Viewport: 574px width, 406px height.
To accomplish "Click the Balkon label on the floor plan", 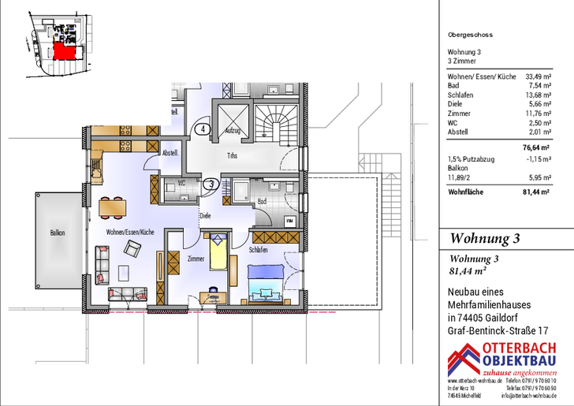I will pos(57,233).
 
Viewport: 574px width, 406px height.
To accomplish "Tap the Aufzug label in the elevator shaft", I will pos(233,130).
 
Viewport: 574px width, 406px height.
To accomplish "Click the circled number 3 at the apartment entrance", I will pos(211,184).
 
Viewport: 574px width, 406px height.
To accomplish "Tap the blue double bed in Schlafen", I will pos(265,279).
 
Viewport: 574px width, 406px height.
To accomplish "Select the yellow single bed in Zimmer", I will pos(218,252).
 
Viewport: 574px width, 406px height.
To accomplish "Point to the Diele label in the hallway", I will pos(205,214).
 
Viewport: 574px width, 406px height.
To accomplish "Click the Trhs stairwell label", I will pos(233,155).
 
